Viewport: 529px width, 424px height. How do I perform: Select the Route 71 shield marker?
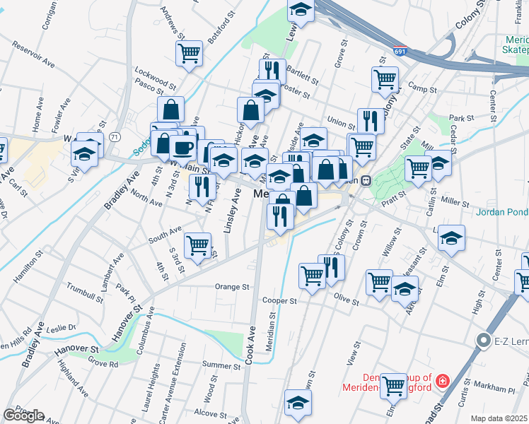click(115, 136)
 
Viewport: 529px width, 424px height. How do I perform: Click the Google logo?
click(23, 416)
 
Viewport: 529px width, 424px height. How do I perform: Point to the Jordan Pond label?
click(501, 211)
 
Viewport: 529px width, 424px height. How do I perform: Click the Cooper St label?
click(279, 301)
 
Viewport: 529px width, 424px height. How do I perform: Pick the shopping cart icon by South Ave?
click(197, 245)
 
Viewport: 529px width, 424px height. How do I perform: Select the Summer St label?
click(216, 365)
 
